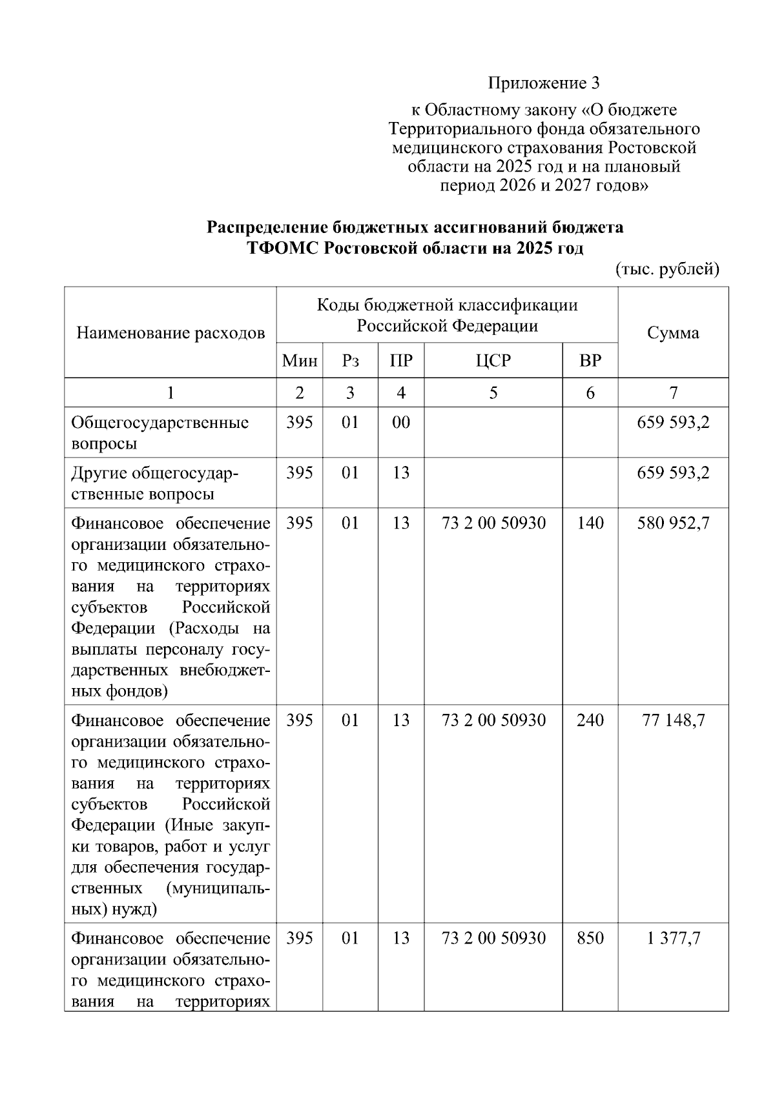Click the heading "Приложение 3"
point(544,83)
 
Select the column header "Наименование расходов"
point(170,333)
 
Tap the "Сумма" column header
point(673,333)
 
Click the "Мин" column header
point(300,361)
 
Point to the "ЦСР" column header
point(493,361)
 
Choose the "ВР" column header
point(590,361)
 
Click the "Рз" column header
point(350,361)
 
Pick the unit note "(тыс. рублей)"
point(667,269)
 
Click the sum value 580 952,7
point(673,523)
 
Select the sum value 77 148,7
point(673,720)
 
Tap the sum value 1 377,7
point(673,938)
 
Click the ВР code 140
point(590,523)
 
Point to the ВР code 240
point(590,720)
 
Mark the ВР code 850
point(590,938)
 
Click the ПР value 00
point(401,423)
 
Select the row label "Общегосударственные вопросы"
point(160,433)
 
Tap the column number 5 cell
point(493,392)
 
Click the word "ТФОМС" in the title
point(282,249)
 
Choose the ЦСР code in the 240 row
point(493,720)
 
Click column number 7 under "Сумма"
point(674,392)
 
